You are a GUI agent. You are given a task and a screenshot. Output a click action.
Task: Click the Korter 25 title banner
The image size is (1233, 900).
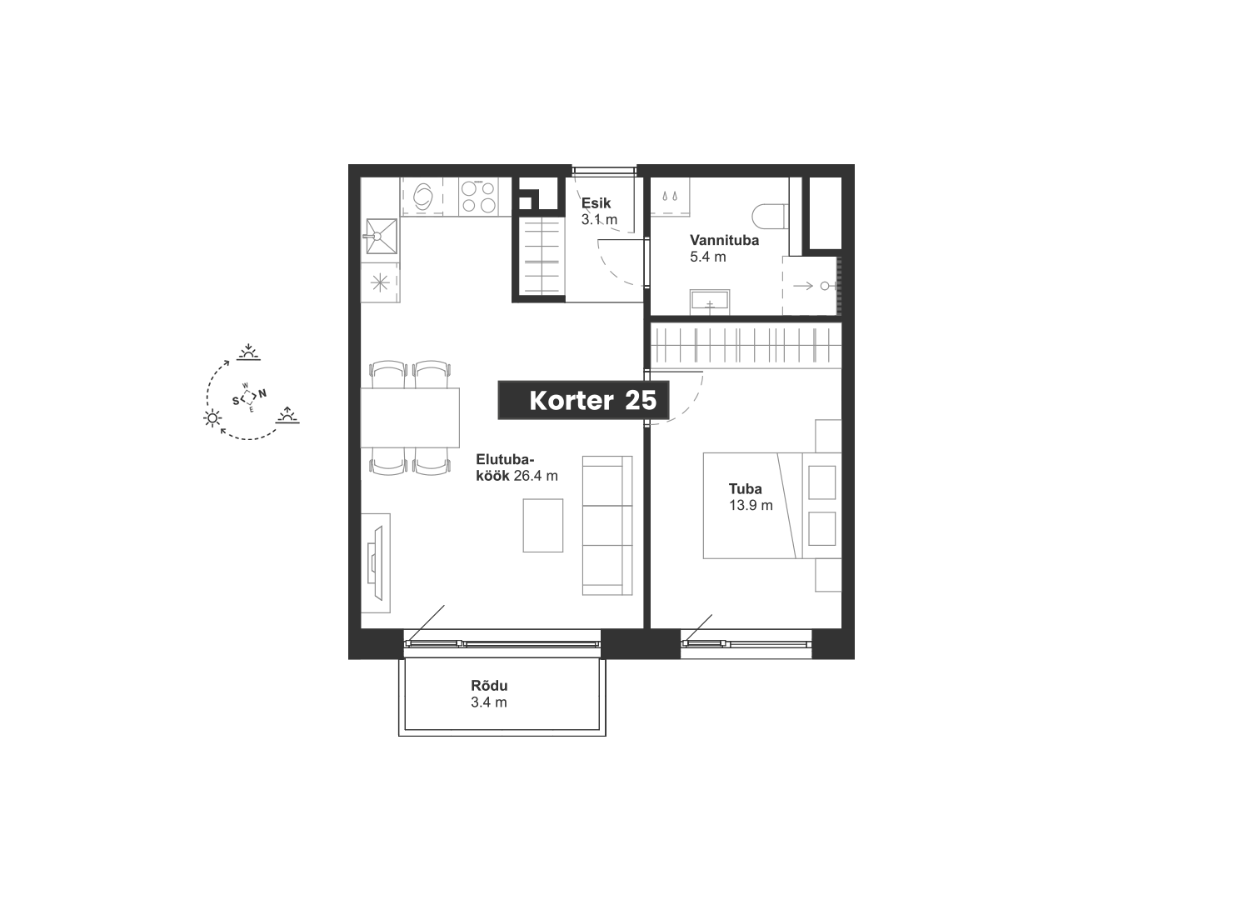[x=583, y=400]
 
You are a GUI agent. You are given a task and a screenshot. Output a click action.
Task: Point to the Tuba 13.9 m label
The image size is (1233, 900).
[x=751, y=497]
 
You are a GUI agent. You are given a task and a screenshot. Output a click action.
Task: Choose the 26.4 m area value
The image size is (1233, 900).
[x=536, y=476]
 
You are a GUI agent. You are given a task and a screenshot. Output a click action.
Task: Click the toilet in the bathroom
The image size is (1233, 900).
[x=770, y=217]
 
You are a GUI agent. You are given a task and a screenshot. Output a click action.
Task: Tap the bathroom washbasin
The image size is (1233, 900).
[x=710, y=302]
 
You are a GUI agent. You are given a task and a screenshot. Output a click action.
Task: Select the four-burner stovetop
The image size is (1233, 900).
[x=478, y=197]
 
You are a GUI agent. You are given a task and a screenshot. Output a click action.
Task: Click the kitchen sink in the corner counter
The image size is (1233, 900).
[x=382, y=236]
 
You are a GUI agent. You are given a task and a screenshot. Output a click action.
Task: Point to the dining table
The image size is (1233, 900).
[x=410, y=417]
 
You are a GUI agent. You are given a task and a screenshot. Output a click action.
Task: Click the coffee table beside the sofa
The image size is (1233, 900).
[x=542, y=525]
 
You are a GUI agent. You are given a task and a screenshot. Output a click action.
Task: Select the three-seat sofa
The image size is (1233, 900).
[x=607, y=525]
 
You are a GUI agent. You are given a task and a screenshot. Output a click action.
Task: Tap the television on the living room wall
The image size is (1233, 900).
[x=377, y=563]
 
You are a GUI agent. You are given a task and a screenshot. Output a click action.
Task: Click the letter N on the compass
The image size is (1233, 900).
[x=262, y=393]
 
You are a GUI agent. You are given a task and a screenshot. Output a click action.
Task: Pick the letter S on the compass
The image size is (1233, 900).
[x=236, y=401]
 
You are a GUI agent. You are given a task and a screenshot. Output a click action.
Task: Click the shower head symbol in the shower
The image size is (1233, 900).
[x=825, y=286]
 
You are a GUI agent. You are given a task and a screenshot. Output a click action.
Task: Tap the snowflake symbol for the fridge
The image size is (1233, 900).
[x=380, y=283]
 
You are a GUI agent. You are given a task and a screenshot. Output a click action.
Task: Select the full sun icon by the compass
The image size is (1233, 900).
[x=212, y=418]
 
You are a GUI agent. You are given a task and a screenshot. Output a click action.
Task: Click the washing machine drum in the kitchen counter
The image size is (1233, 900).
[x=423, y=197]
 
